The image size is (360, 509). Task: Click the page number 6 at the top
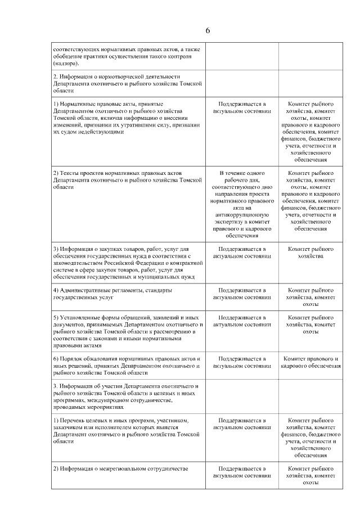click(x=208, y=30)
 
